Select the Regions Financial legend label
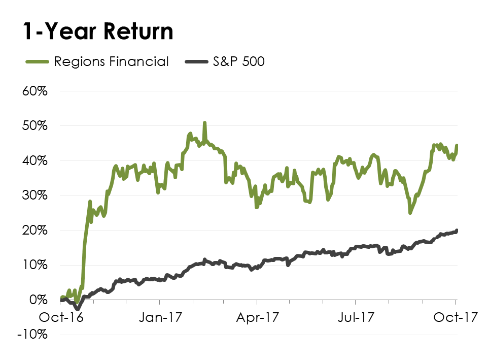click(x=111, y=62)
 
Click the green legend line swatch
click(x=37, y=62)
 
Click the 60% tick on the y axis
click(x=35, y=91)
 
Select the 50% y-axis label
click(x=35, y=126)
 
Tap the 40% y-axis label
click(x=35, y=161)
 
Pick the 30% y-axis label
click(x=35, y=195)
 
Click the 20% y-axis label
click(x=35, y=231)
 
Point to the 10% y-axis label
click(x=35, y=265)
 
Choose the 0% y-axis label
click(x=39, y=300)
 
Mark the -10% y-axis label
click(x=32, y=335)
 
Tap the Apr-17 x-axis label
click(x=258, y=317)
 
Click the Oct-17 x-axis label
click(x=456, y=317)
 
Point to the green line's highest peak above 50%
click(x=204, y=123)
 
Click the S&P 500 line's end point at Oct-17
click(x=457, y=231)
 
